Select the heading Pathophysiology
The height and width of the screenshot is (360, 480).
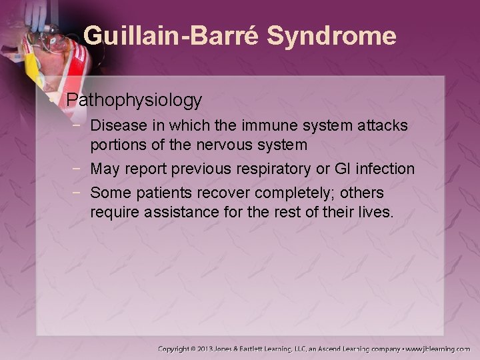[134, 100]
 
